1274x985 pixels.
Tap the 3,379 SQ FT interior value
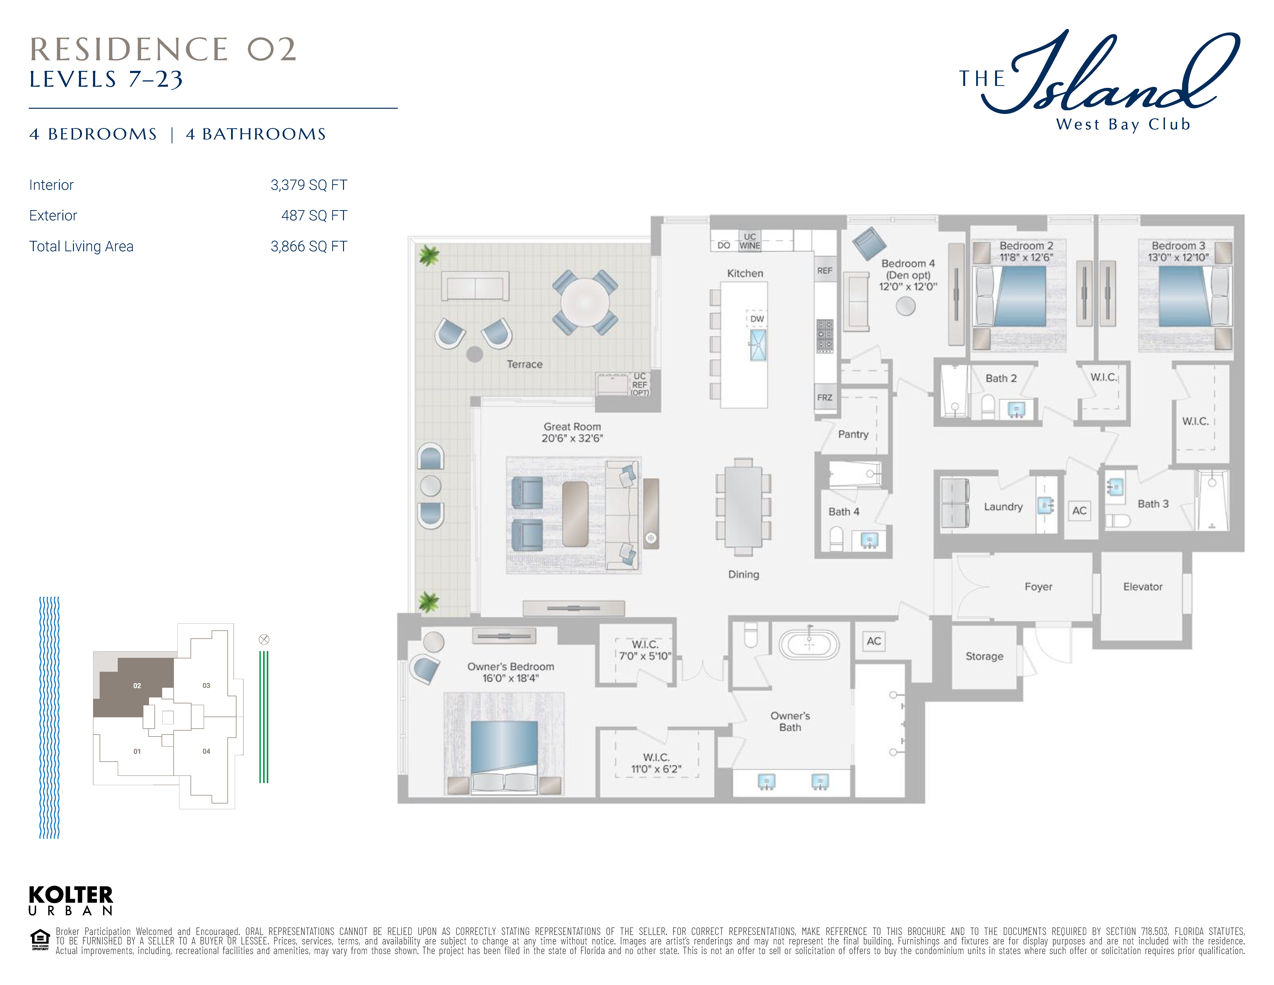309,185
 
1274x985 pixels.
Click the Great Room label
572,427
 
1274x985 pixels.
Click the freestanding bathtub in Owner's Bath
809,644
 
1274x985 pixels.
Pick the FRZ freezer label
824,397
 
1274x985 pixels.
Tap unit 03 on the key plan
206,686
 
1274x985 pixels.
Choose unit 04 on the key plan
206,751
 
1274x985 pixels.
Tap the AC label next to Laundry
1079,511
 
